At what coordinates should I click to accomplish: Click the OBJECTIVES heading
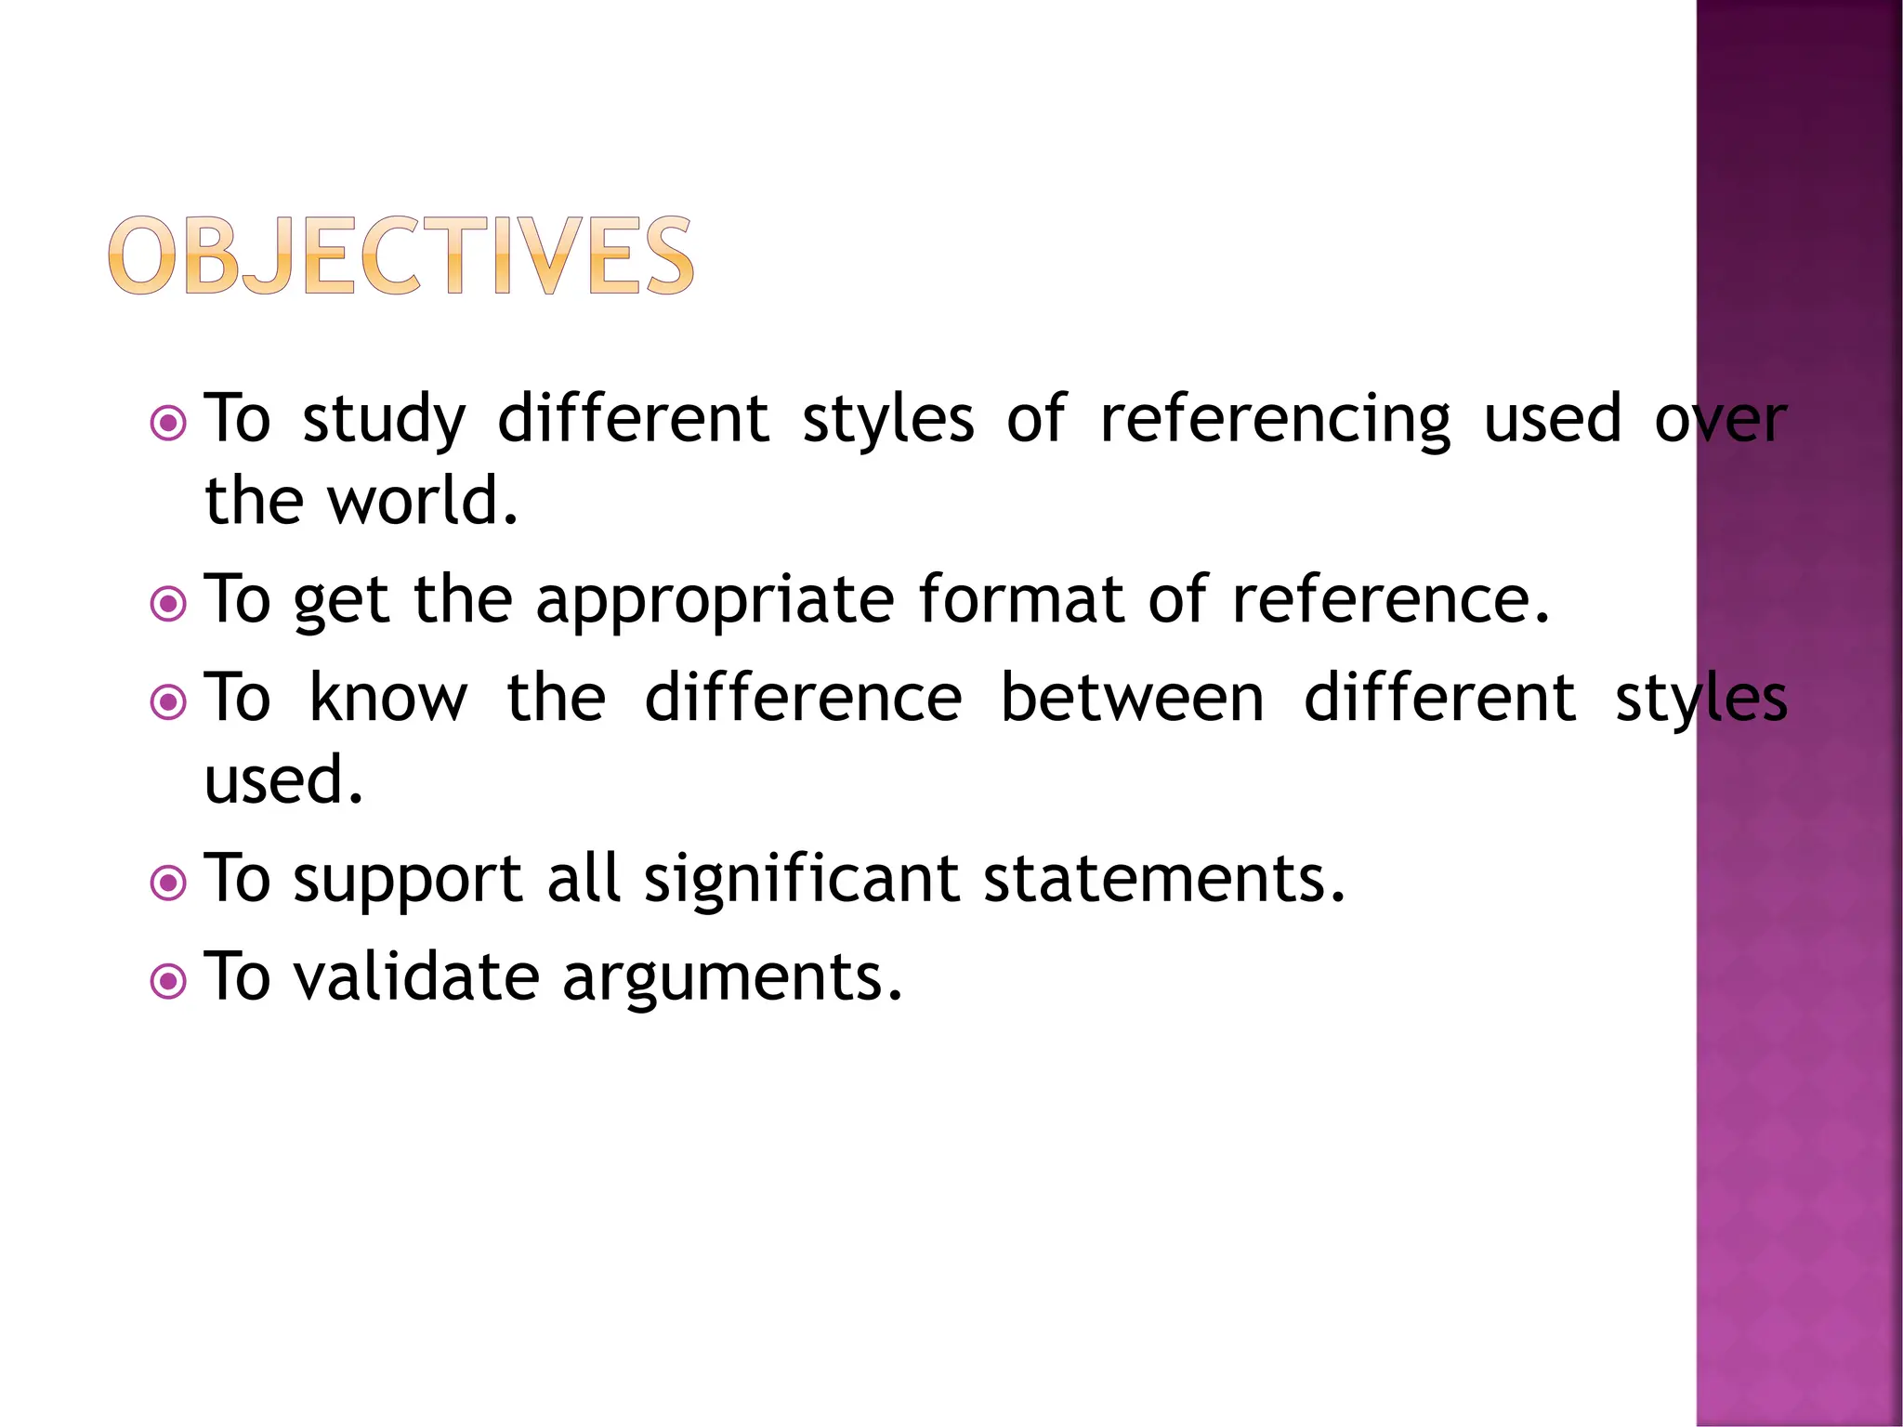click(400, 255)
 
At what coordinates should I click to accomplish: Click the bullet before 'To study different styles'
click(168, 424)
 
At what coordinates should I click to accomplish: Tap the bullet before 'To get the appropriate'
click(168, 605)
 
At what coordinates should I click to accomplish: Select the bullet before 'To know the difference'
click(168, 702)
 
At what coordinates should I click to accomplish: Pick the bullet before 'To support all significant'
click(168, 884)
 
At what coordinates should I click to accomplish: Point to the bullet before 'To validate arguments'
click(168, 981)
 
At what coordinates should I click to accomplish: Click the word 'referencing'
click(1274, 420)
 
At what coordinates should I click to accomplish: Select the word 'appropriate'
click(715, 602)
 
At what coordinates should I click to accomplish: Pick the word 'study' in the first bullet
click(384, 420)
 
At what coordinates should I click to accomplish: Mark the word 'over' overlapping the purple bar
click(1720, 420)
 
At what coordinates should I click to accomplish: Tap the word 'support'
click(408, 881)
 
